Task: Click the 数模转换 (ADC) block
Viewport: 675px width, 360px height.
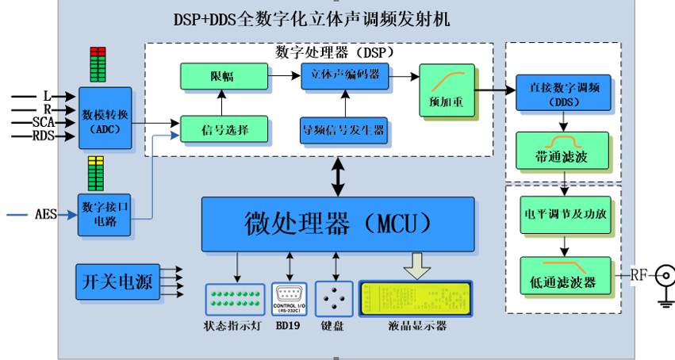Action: (105, 117)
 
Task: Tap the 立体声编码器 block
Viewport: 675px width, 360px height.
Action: (345, 76)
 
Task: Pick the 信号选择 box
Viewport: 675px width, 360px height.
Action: (224, 129)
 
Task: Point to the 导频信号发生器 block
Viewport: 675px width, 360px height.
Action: (343, 129)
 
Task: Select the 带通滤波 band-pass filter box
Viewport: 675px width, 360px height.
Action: (563, 151)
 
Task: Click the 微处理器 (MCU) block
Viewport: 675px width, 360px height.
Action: (338, 224)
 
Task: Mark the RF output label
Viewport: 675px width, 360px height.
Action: (639, 276)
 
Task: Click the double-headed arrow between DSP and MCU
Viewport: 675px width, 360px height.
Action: (339, 176)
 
